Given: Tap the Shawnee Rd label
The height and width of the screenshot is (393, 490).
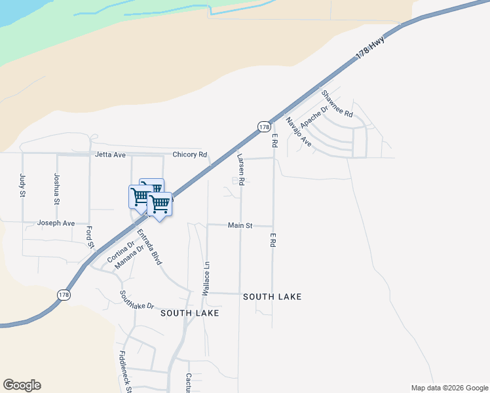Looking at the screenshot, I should [337, 103].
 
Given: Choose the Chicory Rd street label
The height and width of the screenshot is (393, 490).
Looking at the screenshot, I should [190, 155].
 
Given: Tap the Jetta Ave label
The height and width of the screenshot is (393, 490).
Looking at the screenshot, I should [110, 155].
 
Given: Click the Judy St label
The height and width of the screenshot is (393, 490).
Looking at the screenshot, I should [22, 185].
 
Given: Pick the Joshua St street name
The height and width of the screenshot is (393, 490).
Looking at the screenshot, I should [57, 189].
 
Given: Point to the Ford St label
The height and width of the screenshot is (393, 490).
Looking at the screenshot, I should [89, 238].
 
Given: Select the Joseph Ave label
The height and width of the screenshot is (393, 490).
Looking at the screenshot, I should [56, 223].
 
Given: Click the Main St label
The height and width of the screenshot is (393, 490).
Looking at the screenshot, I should [240, 225].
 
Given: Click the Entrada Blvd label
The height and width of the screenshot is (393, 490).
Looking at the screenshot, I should [149, 247].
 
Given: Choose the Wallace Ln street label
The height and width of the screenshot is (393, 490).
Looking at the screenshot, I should [206, 278].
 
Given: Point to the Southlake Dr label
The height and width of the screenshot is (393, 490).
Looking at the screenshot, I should [136, 300].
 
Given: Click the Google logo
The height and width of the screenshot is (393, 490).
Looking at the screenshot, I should [22, 385].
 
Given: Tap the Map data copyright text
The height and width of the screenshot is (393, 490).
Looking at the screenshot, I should [449, 388].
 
